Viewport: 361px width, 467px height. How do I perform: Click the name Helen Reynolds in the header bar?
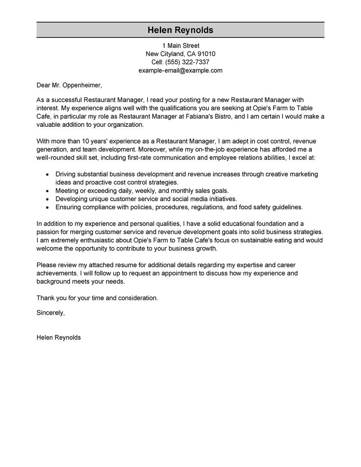tap(180, 30)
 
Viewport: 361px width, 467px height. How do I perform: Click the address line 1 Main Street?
tap(180, 46)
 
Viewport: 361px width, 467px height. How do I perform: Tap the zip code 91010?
tap(206, 54)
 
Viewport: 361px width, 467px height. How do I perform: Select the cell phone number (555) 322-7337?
tap(187, 62)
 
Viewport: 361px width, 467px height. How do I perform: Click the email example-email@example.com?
tap(180, 70)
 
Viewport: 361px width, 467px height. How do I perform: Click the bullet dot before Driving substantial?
tap(47, 174)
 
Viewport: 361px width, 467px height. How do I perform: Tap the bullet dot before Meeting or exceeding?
tap(47, 191)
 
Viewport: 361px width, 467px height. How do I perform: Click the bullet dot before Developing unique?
tap(47, 199)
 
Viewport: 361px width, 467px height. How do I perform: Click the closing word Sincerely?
tap(51, 312)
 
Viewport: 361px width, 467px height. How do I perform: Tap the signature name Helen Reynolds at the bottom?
tap(59, 337)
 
